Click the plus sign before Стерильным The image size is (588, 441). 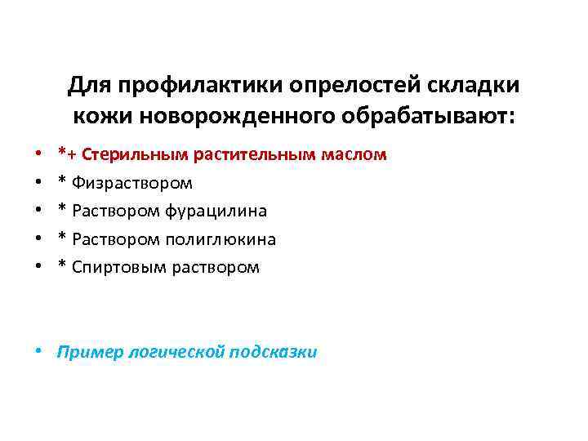[x=71, y=154]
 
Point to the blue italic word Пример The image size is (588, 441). [x=87, y=352]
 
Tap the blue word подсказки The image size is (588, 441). [x=274, y=352]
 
